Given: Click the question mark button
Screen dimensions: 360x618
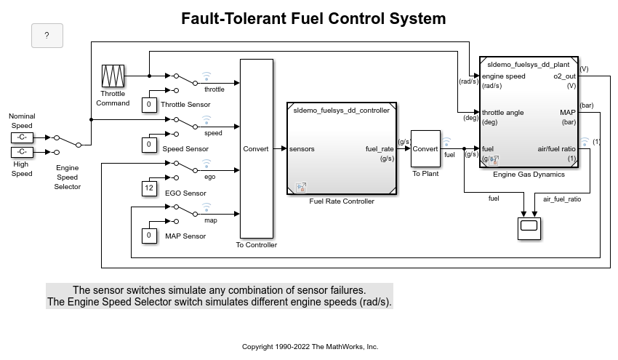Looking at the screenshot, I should point(47,35).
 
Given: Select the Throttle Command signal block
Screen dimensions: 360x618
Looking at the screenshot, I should point(113,76).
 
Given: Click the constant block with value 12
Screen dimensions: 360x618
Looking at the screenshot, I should point(149,189).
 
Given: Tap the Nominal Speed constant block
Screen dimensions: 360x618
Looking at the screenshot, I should point(22,137).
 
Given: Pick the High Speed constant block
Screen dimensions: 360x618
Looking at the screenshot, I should point(22,152).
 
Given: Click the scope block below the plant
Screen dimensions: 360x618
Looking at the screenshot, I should point(529,228).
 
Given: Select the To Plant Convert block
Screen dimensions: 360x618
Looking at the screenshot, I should point(425,149).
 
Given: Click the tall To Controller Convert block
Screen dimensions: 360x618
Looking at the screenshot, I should point(256,149).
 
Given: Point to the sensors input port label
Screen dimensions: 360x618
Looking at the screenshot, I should point(302,149).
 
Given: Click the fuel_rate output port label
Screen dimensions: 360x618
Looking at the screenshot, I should point(380,149).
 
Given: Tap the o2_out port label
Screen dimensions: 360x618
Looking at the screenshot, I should point(564,76).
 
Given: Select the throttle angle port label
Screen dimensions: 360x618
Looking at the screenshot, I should point(503,113).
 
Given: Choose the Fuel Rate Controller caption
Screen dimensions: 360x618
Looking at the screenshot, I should point(342,201).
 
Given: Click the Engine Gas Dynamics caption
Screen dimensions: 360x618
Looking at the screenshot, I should point(529,175).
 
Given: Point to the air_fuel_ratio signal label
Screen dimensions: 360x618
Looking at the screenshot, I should point(562,199).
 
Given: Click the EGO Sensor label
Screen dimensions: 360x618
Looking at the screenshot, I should point(185,193).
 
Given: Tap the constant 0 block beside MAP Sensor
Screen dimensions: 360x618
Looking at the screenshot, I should point(149,236).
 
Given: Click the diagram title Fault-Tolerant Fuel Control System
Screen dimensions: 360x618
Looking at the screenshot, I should point(313,18).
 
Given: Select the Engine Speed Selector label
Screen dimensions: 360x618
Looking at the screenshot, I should point(67,177).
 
